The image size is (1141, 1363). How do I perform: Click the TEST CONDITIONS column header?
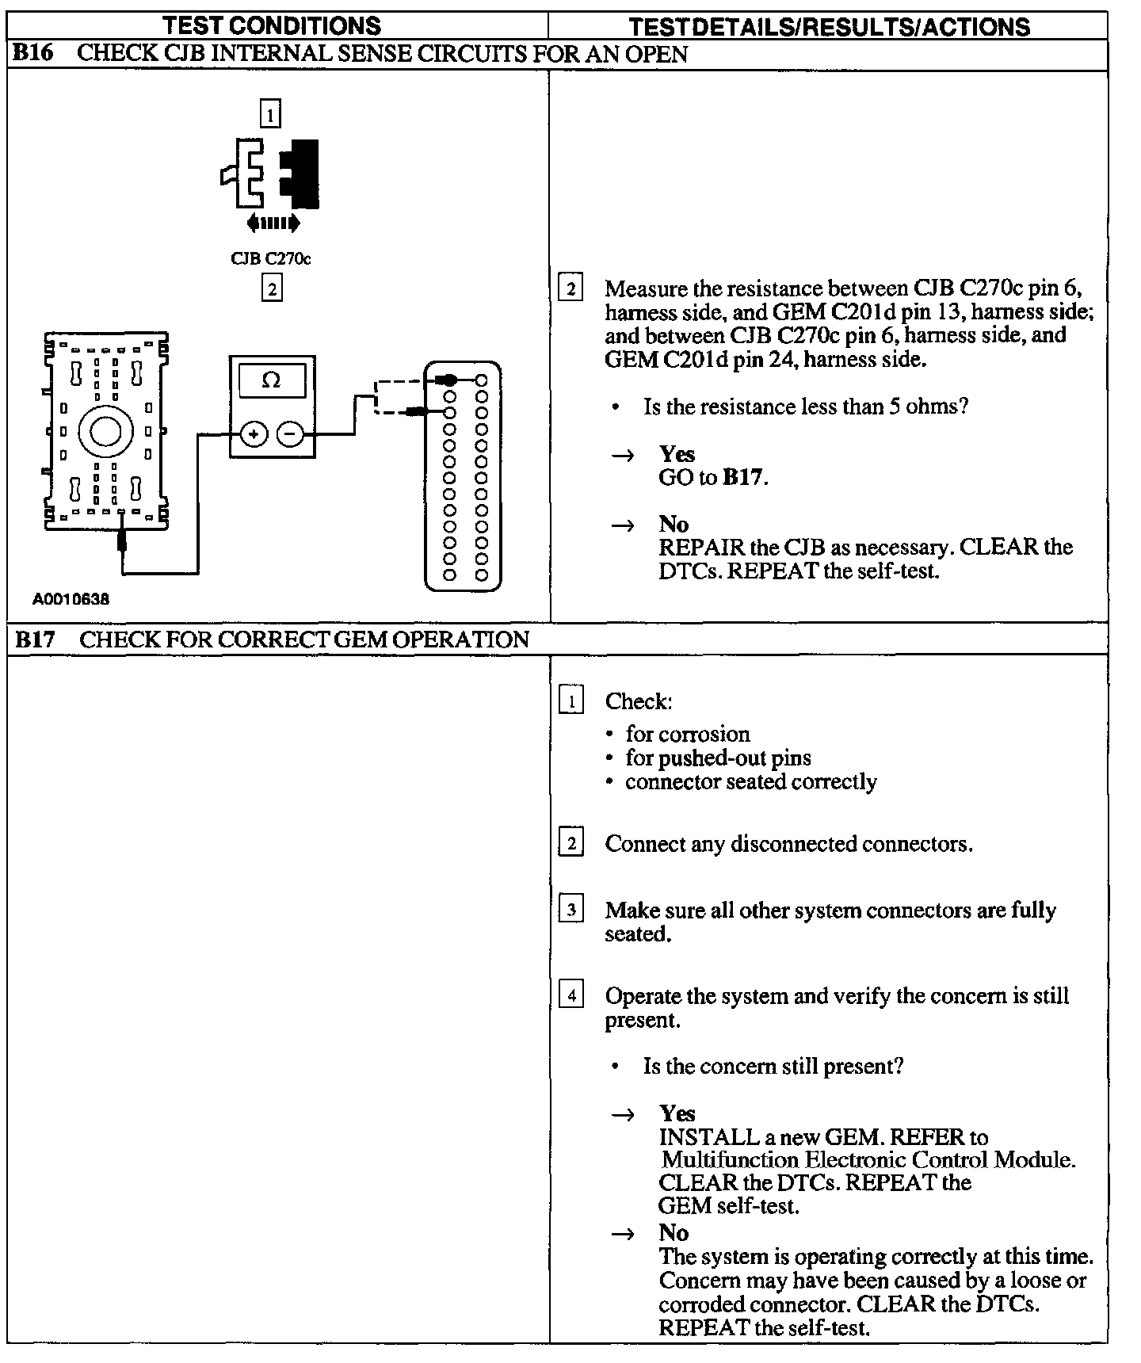tap(272, 25)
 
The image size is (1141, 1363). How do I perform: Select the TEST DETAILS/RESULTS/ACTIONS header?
tap(829, 27)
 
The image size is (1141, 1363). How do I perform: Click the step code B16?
tap(34, 54)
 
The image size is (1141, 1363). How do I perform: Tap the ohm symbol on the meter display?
tap(271, 380)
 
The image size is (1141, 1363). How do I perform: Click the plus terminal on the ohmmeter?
tap(254, 434)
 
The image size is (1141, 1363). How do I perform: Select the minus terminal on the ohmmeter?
tap(290, 434)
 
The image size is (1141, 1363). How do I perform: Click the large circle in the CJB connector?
tap(105, 432)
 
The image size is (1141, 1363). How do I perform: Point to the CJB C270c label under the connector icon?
tap(270, 259)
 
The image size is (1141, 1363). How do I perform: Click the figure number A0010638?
tap(71, 599)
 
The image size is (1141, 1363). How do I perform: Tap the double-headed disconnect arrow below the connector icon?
tap(273, 224)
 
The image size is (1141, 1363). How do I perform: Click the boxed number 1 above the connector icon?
tap(270, 116)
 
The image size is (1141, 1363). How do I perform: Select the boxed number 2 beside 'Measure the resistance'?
tap(570, 288)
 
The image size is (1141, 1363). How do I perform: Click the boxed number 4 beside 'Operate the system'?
tap(570, 995)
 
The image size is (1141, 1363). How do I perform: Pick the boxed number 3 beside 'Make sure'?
tap(570, 909)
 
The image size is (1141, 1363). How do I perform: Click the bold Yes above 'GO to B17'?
tap(677, 454)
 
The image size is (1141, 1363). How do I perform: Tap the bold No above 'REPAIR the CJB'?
tap(674, 524)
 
